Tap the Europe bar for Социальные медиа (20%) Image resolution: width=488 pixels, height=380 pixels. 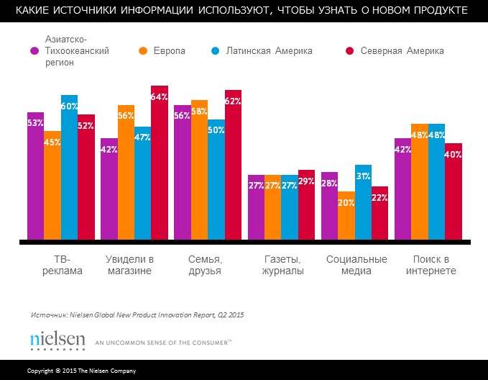[346, 215]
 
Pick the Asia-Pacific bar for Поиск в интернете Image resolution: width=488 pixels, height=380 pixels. [402, 189]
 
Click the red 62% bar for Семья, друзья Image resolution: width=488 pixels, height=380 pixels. [233, 165]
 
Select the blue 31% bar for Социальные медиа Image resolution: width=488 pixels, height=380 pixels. [363, 202]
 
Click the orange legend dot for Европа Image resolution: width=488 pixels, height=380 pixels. [143, 51]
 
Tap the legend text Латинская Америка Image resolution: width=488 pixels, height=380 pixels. [270, 51]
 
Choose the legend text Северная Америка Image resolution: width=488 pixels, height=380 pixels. [402, 51]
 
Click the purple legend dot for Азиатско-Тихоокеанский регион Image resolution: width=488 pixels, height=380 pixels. [34, 51]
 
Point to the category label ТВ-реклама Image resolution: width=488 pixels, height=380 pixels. [60, 266]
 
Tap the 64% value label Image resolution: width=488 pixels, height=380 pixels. [159, 97]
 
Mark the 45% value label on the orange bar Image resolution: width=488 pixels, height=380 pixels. [52, 142]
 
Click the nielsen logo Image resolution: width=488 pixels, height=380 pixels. [57, 340]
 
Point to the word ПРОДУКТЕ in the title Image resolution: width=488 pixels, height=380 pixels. [436, 12]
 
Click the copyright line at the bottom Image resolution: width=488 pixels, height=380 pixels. [81, 370]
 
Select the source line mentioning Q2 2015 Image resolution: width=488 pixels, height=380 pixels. [137, 315]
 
